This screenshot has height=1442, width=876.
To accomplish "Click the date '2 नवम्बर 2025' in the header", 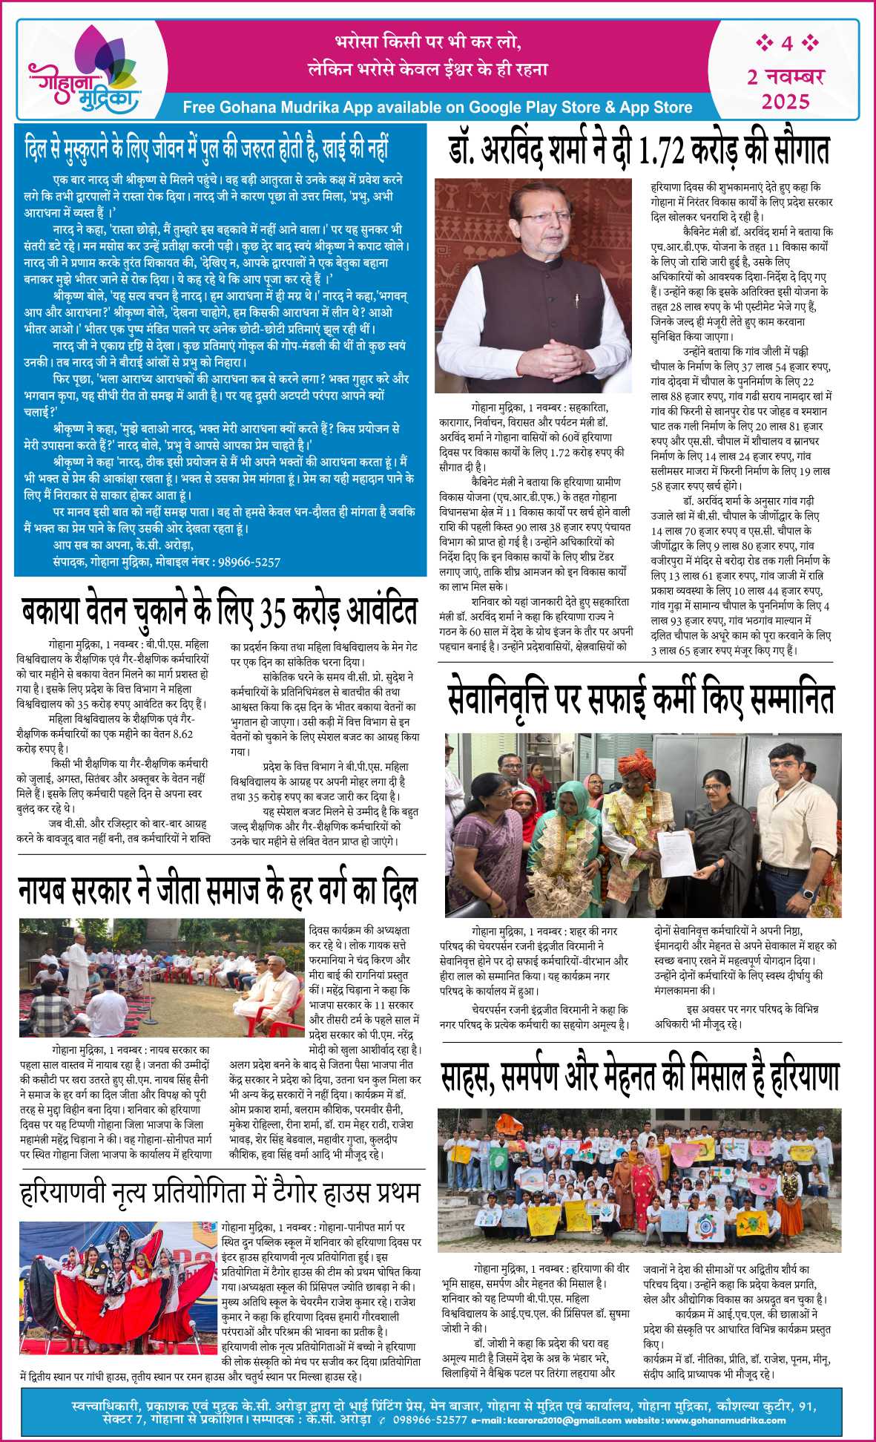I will point(786,88).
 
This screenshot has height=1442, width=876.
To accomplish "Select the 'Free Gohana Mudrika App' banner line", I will point(437,108).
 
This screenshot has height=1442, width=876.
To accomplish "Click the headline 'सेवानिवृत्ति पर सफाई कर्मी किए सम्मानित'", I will point(642,698).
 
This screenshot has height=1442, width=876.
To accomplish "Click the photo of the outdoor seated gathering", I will point(162,978).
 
